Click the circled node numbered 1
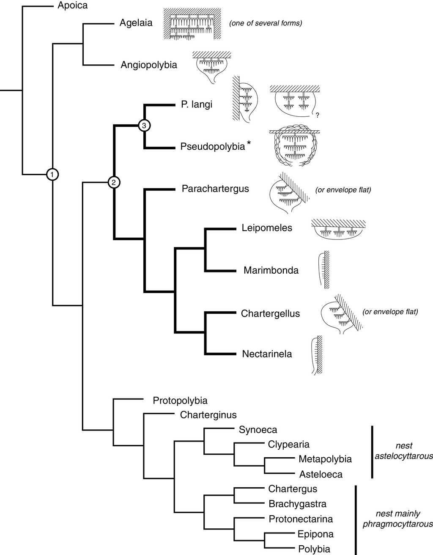pos(52,174)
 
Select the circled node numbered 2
pos(114,182)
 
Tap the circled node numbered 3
pos(144,126)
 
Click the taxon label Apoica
pos(73,6)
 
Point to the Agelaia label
pos(136,23)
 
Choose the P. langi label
pos(197,104)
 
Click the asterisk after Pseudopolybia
pos(249,144)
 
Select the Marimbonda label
pos(271,270)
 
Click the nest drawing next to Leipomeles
pos(338,230)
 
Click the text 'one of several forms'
pos(266,23)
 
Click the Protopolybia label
pos(180,400)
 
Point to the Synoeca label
pos(258,430)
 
